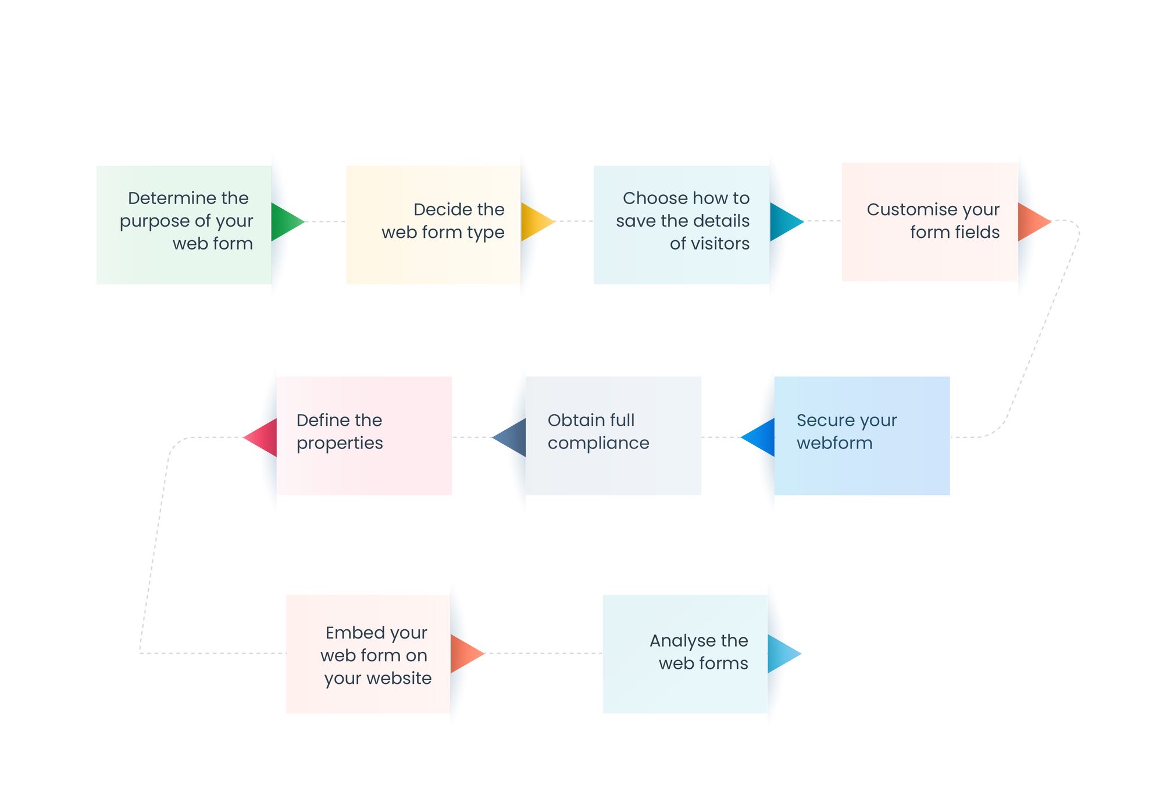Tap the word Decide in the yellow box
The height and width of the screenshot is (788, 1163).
click(x=438, y=209)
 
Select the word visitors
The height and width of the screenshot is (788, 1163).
click(x=719, y=244)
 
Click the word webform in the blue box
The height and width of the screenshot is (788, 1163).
click(x=834, y=443)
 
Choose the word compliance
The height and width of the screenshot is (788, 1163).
click(x=598, y=444)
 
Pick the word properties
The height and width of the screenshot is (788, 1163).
click(x=340, y=444)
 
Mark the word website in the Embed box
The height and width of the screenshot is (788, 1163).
click(x=401, y=678)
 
